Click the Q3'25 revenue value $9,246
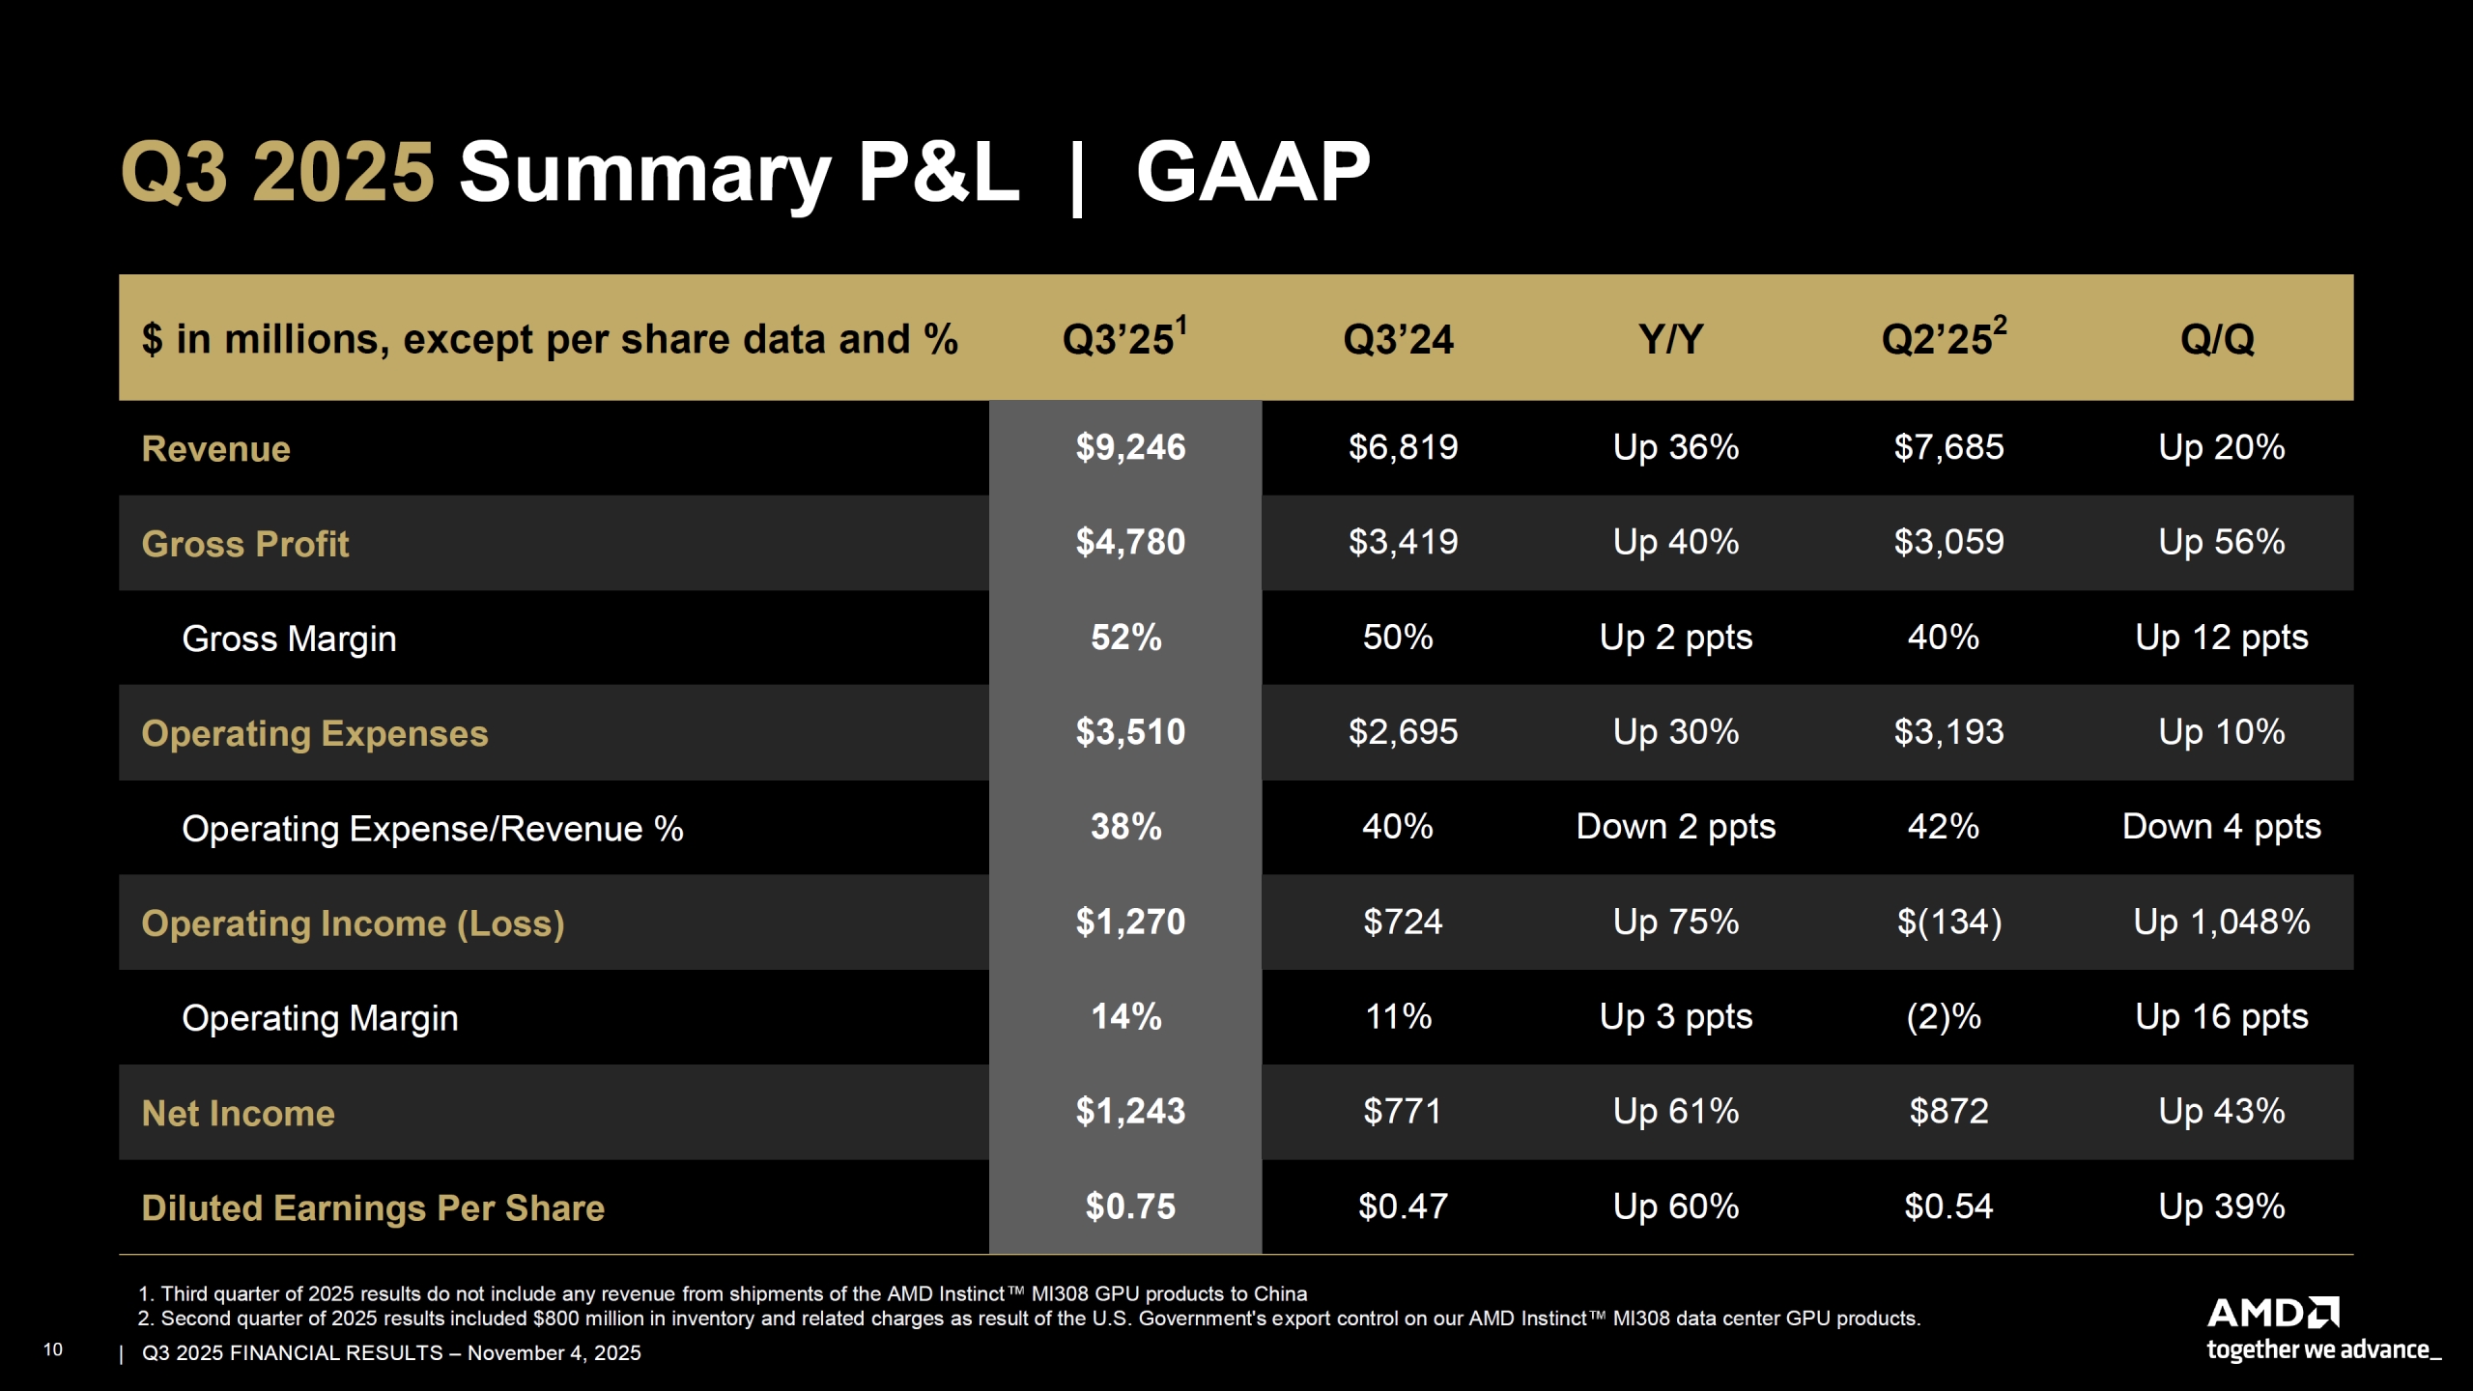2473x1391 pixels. (x=1130, y=447)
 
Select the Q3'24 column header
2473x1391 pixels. (x=1398, y=339)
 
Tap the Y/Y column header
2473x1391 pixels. (x=1670, y=339)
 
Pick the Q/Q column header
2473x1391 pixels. (x=2217, y=339)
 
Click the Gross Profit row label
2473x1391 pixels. (x=244, y=544)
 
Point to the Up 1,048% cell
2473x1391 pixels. (x=2221, y=922)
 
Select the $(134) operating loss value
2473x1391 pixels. (x=1948, y=922)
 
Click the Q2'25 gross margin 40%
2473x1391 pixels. (x=1943, y=638)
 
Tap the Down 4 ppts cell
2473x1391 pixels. (x=2221, y=827)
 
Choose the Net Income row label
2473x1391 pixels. (x=238, y=1113)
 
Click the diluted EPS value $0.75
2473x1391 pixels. (x=1130, y=1206)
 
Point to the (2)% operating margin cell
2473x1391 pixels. (x=1943, y=1017)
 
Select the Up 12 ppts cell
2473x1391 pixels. (x=2221, y=638)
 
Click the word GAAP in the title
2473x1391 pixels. (x=1252, y=172)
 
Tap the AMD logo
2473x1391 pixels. (x=2272, y=1313)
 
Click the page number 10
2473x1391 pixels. (x=53, y=1349)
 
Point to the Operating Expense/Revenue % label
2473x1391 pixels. (x=432, y=829)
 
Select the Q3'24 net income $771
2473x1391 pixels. (x=1402, y=1112)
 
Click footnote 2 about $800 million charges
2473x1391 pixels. (x=1029, y=1319)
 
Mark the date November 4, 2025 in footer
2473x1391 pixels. (x=554, y=1352)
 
